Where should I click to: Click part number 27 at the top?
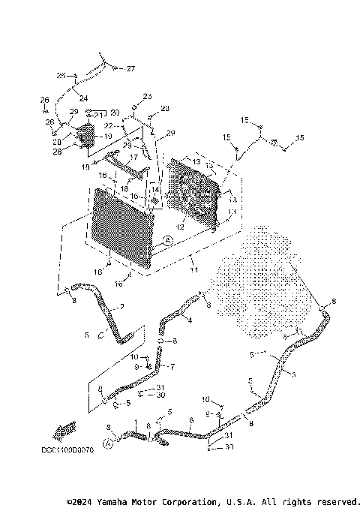pyautogui.click(x=130, y=69)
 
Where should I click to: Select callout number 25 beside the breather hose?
pyautogui.click(x=61, y=76)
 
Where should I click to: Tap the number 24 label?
pyautogui.click(x=82, y=98)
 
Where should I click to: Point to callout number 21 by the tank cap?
pyautogui.click(x=100, y=116)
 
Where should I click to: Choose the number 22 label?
pyautogui.click(x=108, y=125)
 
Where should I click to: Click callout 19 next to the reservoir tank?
pyautogui.click(x=107, y=137)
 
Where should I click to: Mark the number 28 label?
pyautogui.click(x=57, y=152)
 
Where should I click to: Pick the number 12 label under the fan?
pyautogui.click(x=180, y=226)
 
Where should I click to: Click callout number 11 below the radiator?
pyautogui.click(x=193, y=269)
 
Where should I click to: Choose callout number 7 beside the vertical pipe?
pyautogui.click(x=172, y=367)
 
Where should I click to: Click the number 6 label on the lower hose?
pyautogui.click(x=192, y=421)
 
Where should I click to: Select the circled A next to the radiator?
pyautogui.click(x=167, y=239)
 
